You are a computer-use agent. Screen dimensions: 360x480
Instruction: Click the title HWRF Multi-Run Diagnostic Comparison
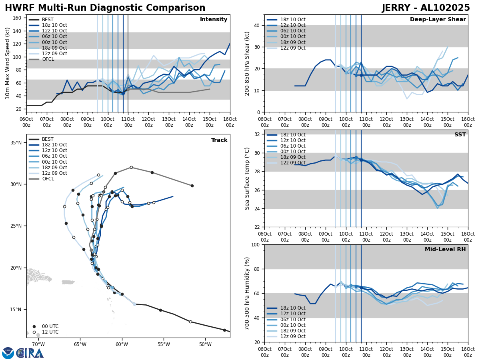(105, 8)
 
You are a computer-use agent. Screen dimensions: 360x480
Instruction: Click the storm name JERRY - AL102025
(426, 8)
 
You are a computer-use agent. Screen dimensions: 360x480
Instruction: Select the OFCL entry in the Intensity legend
(48, 59)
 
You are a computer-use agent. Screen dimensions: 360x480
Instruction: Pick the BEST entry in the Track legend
(48, 139)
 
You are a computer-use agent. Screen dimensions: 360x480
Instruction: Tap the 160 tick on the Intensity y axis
(18, 18)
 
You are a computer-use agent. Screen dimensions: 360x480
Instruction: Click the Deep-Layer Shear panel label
(438, 20)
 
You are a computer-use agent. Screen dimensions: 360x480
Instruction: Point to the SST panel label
(460, 135)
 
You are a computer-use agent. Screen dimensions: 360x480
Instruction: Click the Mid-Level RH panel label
(445, 250)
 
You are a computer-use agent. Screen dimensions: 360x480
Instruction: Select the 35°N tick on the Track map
(16, 143)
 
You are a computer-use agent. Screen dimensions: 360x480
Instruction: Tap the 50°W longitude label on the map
(205, 344)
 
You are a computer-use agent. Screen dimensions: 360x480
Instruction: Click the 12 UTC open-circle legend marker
(34, 332)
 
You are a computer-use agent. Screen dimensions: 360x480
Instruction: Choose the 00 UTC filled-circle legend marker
(34, 326)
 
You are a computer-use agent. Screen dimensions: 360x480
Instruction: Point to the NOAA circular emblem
(8, 353)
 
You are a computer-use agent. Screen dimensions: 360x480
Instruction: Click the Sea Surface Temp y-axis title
(247, 178)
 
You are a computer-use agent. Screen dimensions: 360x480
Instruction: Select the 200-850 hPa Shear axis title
(247, 63)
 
